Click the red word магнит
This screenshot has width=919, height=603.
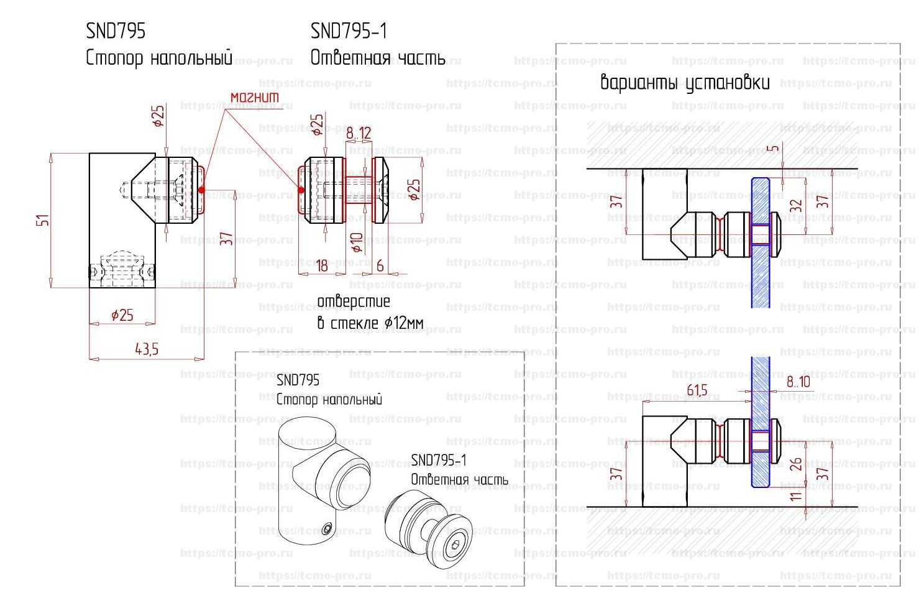(x=255, y=98)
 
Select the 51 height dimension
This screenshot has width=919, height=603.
(x=42, y=220)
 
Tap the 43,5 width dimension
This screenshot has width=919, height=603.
(x=147, y=349)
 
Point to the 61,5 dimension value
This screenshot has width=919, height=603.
(x=697, y=391)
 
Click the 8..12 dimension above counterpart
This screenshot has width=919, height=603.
(x=359, y=133)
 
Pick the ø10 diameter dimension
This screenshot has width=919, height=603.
(x=357, y=242)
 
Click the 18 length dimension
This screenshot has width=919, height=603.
(x=322, y=266)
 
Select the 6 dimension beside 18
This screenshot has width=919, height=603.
(x=380, y=266)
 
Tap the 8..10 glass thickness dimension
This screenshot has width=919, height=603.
(x=798, y=382)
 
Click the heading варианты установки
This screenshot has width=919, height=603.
(x=685, y=83)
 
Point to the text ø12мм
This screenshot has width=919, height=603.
(x=404, y=323)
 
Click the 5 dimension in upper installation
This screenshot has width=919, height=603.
(x=772, y=150)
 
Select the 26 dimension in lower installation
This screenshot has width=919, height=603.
(x=796, y=464)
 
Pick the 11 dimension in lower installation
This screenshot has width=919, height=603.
(x=796, y=496)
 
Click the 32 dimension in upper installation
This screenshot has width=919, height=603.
(x=796, y=206)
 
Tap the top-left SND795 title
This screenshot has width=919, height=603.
(x=116, y=31)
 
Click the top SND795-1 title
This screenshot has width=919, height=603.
(x=349, y=31)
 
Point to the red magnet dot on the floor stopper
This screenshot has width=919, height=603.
(x=201, y=190)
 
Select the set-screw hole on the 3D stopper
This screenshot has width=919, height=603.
(x=327, y=529)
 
